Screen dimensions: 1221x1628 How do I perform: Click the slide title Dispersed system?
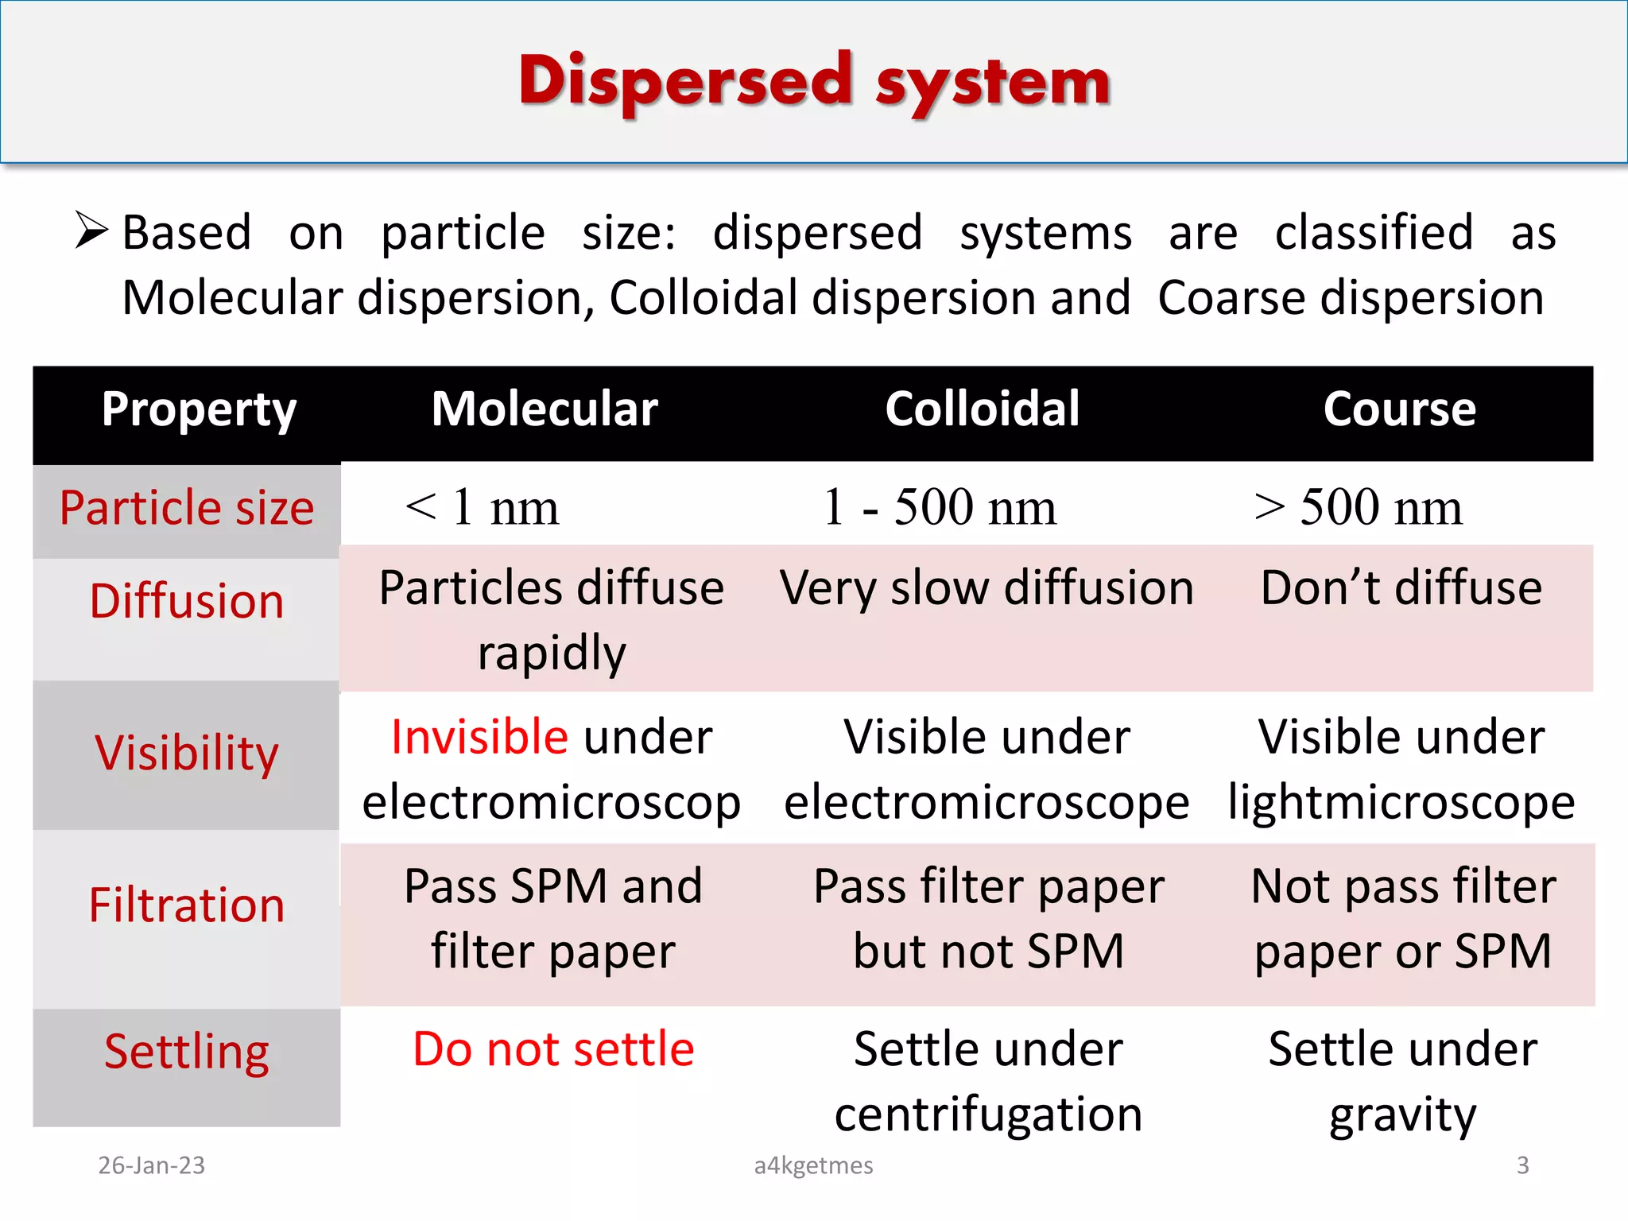[814, 83]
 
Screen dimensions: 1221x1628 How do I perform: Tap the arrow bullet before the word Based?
[91, 231]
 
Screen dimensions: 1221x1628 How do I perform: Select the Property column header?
[199, 410]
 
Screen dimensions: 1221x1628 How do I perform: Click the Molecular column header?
[545, 410]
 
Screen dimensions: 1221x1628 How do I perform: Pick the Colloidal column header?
[983, 410]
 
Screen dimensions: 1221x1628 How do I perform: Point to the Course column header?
[1399, 410]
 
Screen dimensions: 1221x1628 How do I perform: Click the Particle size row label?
[187, 508]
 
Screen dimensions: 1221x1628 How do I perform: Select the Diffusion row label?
[187, 601]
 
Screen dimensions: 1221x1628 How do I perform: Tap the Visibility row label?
[187, 753]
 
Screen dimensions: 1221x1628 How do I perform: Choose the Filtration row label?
[187, 905]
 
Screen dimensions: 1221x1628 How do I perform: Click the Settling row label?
[187, 1052]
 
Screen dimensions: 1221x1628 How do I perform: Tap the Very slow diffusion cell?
[986, 588]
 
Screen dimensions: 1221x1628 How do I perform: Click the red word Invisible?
[479, 737]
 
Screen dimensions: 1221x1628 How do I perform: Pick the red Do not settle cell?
[553, 1049]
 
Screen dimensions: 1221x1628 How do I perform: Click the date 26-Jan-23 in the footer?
[151, 1165]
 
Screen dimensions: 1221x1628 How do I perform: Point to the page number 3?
[1522, 1165]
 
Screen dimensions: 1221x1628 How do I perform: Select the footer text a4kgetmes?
[813, 1165]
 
